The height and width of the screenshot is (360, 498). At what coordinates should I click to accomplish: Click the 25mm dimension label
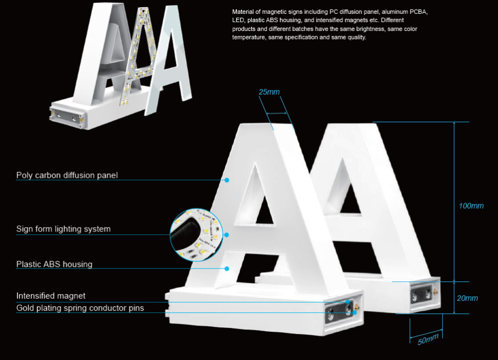click(269, 92)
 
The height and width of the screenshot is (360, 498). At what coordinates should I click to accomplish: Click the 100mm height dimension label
click(471, 206)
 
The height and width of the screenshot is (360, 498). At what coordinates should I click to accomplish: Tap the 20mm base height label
click(468, 298)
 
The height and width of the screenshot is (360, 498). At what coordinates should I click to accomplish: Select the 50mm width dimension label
click(428, 339)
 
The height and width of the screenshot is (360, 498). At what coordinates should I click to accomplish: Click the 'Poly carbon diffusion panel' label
click(67, 176)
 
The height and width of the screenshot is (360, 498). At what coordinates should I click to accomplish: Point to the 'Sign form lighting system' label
click(63, 229)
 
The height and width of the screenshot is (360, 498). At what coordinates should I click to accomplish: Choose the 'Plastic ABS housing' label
click(54, 264)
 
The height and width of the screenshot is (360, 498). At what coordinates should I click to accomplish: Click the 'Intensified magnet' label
click(51, 296)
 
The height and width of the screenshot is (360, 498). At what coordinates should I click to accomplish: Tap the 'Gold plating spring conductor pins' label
click(80, 308)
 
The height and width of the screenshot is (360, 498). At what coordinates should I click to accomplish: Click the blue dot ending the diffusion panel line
click(227, 180)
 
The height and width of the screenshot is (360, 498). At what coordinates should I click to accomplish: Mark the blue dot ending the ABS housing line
click(227, 269)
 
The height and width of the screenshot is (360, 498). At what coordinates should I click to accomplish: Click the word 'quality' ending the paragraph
click(356, 38)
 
